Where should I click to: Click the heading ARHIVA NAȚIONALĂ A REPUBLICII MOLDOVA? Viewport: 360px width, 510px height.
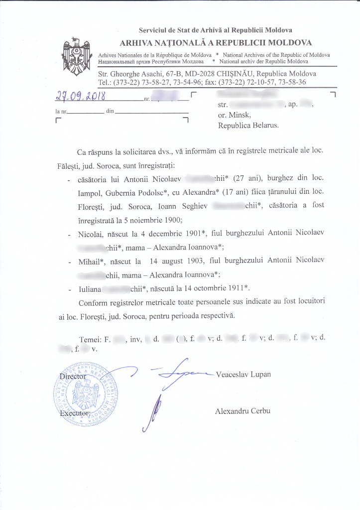pos(216,43)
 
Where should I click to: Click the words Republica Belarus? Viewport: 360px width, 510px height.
pos(248,126)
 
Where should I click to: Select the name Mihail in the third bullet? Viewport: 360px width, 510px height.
pos(91,260)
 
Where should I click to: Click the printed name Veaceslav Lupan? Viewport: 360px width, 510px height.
pos(243,374)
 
